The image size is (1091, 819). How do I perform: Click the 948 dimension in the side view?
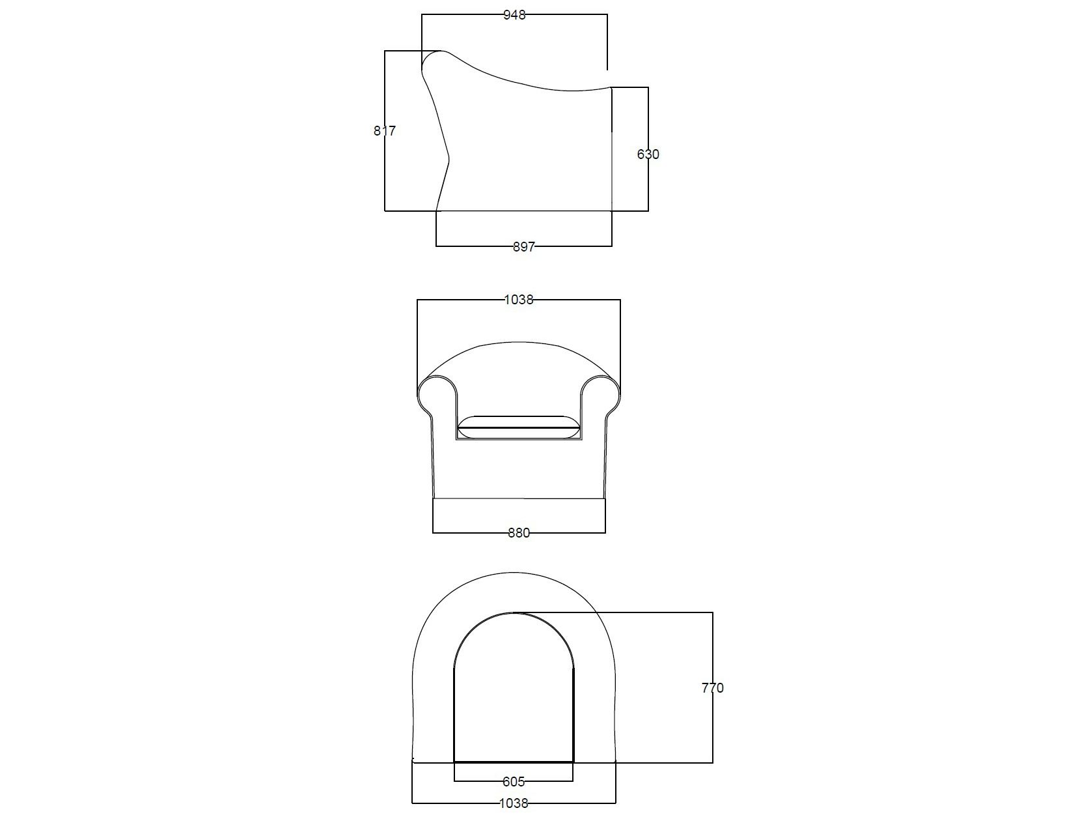coord(514,15)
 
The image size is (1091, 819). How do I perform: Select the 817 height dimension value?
coord(384,131)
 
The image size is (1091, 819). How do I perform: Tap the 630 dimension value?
coord(648,154)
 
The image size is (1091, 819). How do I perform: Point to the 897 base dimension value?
coord(523,247)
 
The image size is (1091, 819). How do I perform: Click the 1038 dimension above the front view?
coord(518,300)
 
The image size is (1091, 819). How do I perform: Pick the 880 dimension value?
coord(519,533)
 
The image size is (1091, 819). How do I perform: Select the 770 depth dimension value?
coord(712,688)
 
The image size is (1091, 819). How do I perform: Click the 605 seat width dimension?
coord(513,781)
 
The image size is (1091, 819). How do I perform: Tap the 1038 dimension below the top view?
coord(513,803)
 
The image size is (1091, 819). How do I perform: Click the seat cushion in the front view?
coord(518,427)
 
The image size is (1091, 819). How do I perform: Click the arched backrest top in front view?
coord(518,345)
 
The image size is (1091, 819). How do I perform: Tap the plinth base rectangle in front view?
coord(519,515)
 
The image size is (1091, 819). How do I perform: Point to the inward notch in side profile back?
coord(449,158)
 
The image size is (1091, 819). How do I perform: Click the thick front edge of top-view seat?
coord(514,762)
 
